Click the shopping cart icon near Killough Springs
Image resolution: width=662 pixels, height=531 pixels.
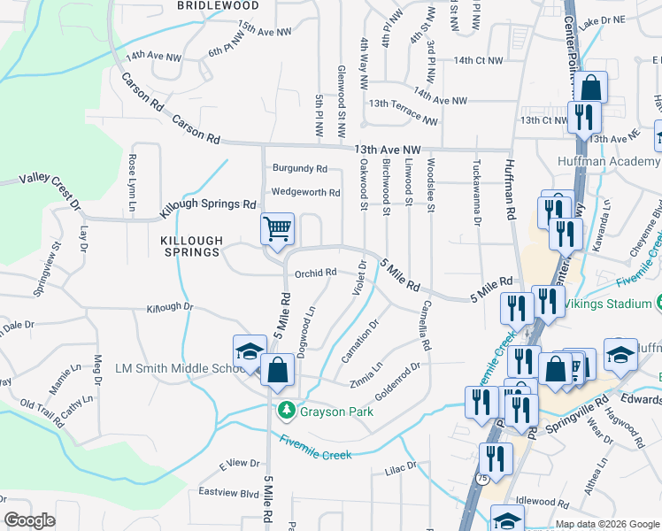point(277,229)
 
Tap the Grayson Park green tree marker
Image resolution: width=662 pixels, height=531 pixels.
point(286,411)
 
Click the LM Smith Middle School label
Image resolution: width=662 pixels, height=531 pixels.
point(173,368)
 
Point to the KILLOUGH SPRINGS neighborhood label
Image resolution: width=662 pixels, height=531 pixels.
point(189,246)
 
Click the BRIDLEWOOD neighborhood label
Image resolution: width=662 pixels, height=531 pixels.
point(218,5)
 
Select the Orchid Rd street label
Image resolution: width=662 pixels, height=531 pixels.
point(316,273)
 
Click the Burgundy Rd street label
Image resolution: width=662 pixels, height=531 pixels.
point(300,168)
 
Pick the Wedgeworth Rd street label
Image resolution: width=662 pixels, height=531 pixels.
point(305,192)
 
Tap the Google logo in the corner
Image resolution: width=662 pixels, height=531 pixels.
point(30,520)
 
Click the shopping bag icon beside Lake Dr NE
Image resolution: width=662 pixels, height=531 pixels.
point(592,88)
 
